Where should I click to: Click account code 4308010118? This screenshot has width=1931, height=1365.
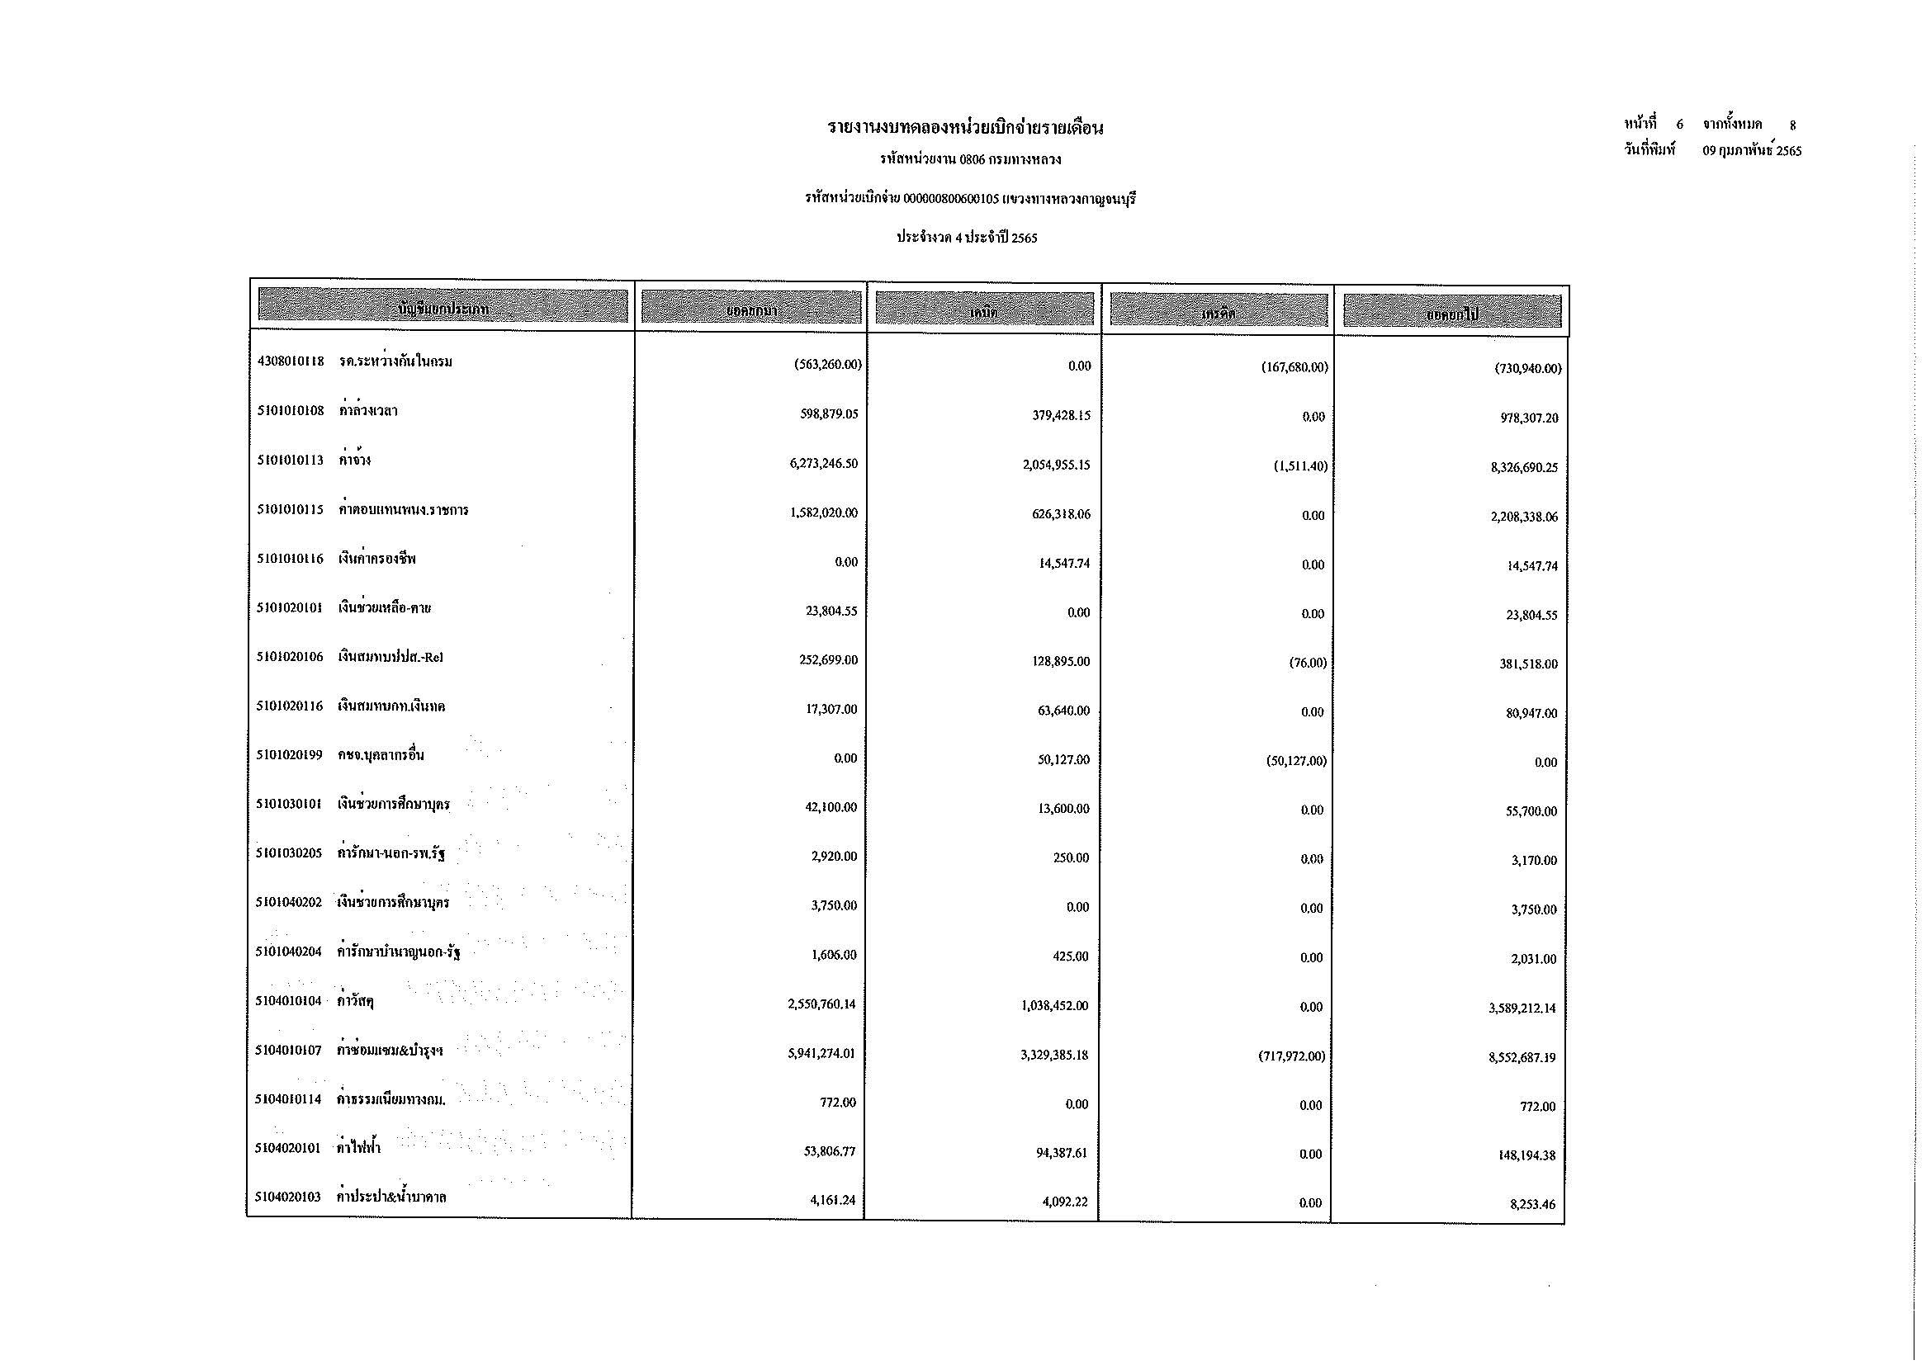tap(290, 362)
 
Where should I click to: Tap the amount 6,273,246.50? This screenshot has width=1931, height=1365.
tap(823, 464)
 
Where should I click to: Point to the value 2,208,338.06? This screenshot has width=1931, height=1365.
tap(1524, 517)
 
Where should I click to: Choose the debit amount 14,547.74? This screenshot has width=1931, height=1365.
tap(1064, 563)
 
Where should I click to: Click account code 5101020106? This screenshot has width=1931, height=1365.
tap(289, 657)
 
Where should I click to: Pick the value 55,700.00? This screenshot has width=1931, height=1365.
tap(1531, 812)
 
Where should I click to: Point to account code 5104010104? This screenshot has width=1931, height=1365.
tap(288, 1002)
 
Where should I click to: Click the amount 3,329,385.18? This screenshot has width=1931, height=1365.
tap(1054, 1055)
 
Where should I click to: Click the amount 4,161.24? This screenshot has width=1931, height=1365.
tap(833, 1200)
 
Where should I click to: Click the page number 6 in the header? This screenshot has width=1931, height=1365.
tap(1679, 125)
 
